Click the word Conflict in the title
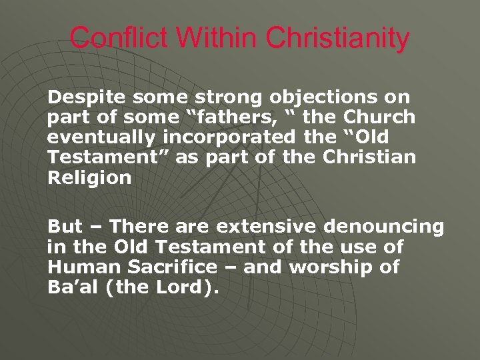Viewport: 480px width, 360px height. (x=116, y=37)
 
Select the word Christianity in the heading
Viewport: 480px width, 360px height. (x=337, y=37)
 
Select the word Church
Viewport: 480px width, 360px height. (x=379, y=118)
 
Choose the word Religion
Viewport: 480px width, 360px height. (x=89, y=178)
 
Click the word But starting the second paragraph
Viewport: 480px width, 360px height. (x=65, y=227)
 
